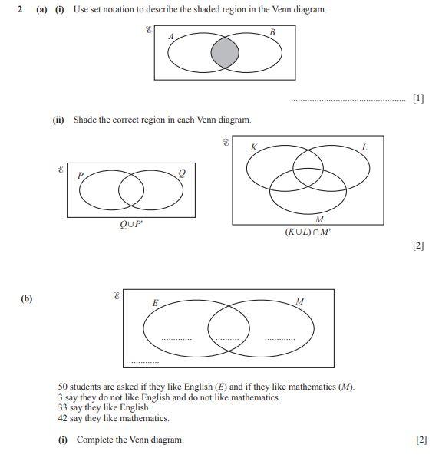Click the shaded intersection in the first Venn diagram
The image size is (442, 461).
pyautogui.click(x=225, y=54)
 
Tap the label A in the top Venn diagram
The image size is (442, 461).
pyautogui.click(x=170, y=36)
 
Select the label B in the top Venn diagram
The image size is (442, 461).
pyautogui.click(x=272, y=32)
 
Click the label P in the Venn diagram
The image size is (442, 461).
pyautogui.click(x=80, y=175)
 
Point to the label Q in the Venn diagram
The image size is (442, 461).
pyautogui.click(x=181, y=172)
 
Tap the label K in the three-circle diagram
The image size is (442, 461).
pyautogui.click(x=253, y=147)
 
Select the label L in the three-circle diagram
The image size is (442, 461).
pyautogui.click(x=364, y=147)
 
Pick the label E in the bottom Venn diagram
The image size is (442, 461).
pyautogui.click(x=155, y=303)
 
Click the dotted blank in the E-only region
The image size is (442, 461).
pyautogui.click(x=176, y=338)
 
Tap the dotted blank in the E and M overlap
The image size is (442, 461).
pyautogui.click(x=227, y=338)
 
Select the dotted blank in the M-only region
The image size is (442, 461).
pyautogui.click(x=279, y=338)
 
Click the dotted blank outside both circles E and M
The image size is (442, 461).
pyautogui.click(x=143, y=361)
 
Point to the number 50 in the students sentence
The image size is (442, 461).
pyautogui.click(x=63, y=387)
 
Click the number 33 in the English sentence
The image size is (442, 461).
pyautogui.click(x=63, y=408)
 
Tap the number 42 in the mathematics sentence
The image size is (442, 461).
pyautogui.click(x=63, y=419)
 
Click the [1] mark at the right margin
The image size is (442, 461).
pyautogui.click(x=417, y=99)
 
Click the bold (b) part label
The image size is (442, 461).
pyautogui.click(x=27, y=298)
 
